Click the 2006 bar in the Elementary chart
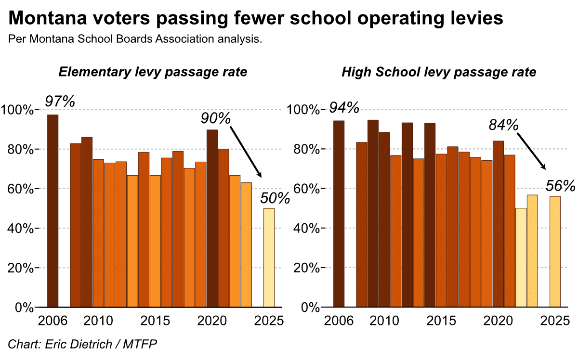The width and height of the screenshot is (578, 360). (53, 210)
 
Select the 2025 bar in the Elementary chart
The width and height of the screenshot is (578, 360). (269, 257)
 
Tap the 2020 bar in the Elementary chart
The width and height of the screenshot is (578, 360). (212, 218)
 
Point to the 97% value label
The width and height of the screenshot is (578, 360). (60, 102)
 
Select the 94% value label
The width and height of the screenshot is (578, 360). (344, 108)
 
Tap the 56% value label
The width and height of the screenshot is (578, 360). (561, 186)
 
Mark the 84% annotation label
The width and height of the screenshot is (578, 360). (503, 125)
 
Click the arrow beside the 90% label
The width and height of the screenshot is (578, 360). (246, 152)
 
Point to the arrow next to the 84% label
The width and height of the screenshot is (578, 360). (532, 151)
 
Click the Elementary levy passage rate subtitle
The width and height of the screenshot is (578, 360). (153, 72)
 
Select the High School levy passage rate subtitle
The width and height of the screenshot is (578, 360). (439, 72)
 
